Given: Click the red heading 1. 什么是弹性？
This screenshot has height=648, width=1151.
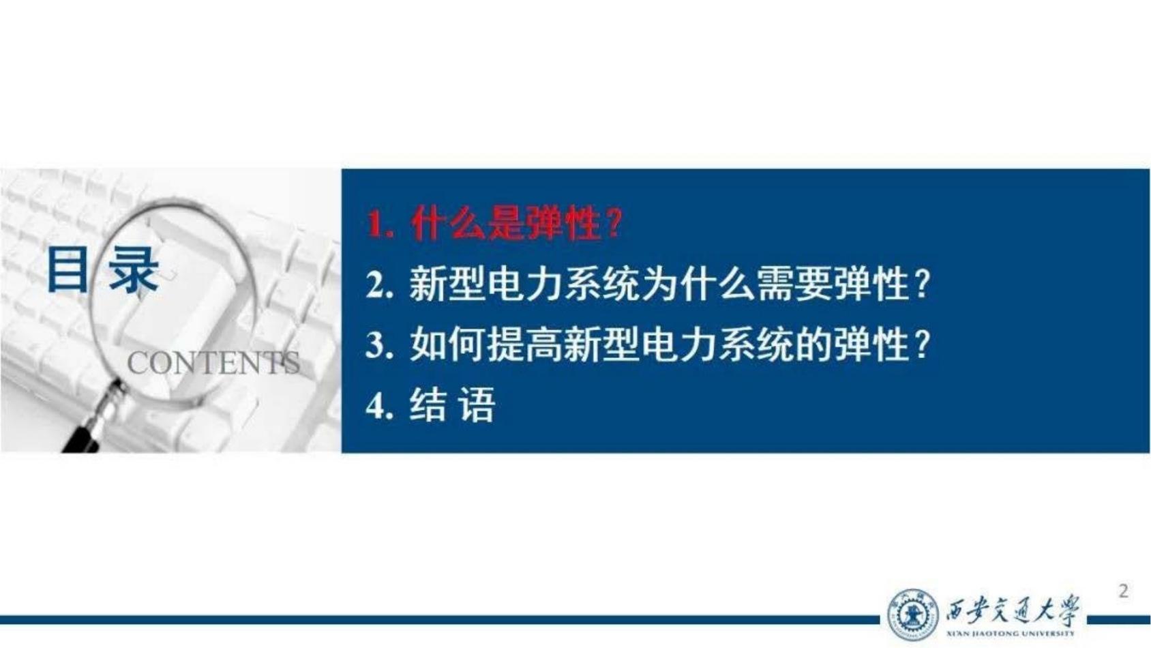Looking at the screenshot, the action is [495, 224].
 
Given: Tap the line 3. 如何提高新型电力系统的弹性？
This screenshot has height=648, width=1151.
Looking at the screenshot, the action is [648, 344].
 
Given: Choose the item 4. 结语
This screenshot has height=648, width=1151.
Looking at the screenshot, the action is [430, 404].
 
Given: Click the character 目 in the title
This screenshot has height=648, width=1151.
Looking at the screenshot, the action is [67, 269].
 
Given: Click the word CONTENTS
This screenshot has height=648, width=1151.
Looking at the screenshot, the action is [213, 364].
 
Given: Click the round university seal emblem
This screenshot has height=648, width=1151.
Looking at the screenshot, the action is [912, 615].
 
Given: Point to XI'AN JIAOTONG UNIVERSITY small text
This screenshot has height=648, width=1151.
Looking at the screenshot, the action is [1011, 634].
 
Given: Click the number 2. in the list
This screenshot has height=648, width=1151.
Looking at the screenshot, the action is [379, 285].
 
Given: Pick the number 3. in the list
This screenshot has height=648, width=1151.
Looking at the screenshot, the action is [379, 345].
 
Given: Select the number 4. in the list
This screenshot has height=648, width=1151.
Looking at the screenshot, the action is [379, 405].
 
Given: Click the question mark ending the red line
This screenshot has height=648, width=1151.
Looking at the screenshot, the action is [613, 224].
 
